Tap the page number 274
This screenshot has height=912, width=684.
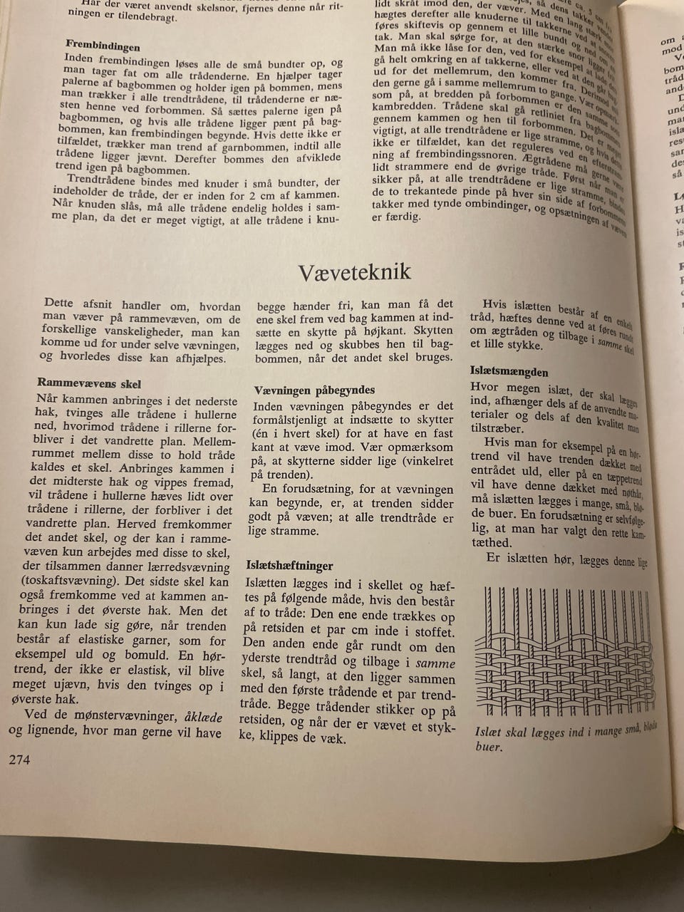point(19,760)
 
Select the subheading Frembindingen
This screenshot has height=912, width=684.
point(103,47)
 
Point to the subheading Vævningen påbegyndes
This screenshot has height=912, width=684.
point(314,390)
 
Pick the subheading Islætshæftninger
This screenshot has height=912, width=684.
point(289,566)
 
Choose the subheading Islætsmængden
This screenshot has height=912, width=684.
point(509,372)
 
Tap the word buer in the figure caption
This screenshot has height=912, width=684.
point(489,747)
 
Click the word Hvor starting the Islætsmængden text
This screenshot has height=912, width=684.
point(485,387)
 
